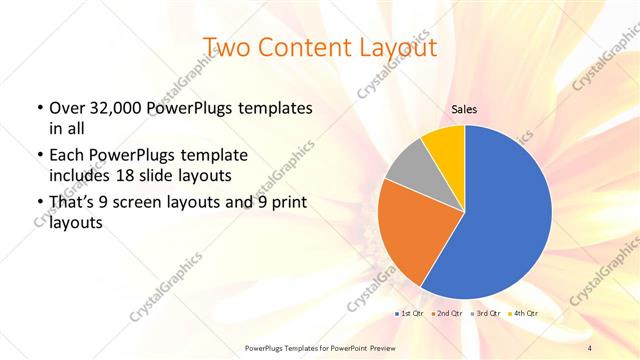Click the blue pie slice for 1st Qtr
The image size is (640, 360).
(x=500, y=220)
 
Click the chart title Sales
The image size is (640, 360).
(x=464, y=108)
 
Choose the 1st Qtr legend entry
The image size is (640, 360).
(x=410, y=314)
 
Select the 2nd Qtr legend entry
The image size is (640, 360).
(x=446, y=314)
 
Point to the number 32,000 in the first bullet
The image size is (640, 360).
(x=116, y=107)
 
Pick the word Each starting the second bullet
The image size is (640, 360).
(x=66, y=156)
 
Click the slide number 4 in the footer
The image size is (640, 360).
(x=589, y=347)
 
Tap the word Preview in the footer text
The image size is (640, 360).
(x=398, y=347)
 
